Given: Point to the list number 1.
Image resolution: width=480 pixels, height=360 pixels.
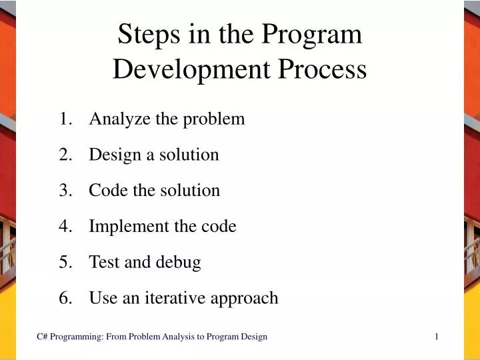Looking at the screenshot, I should [65, 119].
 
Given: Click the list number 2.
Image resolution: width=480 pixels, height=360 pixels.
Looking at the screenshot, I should [65, 155].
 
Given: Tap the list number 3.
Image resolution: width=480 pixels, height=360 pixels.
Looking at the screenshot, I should [65, 191].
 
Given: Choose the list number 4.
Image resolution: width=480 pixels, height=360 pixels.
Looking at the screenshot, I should [65, 227].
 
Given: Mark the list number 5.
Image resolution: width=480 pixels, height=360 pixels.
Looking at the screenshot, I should [65, 263].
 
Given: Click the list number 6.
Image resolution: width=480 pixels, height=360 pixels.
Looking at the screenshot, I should [65, 298].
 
